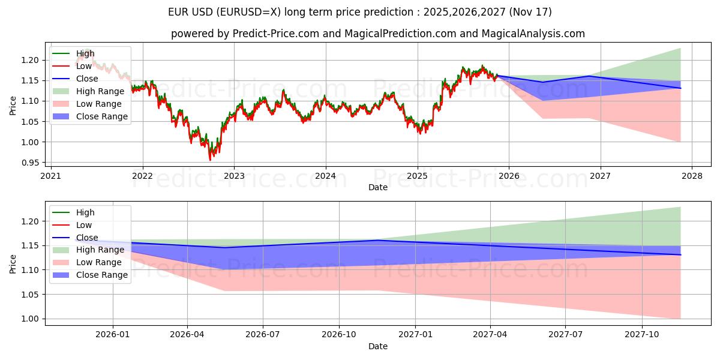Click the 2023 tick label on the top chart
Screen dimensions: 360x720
(234, 176)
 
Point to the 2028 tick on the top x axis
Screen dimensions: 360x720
(692, 176)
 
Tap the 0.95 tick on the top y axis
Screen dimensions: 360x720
(31, 163)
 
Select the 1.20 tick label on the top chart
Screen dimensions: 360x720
(31, 60)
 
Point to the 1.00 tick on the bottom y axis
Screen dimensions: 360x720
(31, 319)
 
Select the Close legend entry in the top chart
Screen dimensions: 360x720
(87, 79)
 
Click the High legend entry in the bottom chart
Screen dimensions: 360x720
(85, 212)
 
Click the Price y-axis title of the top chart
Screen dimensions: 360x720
(13, 105)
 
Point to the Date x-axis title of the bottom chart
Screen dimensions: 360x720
(378, 346)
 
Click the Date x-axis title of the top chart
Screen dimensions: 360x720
(378, 187)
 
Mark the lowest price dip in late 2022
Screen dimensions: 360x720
(210, 160)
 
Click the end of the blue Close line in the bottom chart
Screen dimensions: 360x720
(680, 255)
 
